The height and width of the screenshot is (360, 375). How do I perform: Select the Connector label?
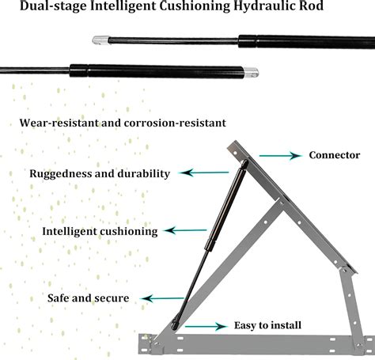(335, 155)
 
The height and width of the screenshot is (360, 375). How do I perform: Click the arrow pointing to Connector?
(280, 156)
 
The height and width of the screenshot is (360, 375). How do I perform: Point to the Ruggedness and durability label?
(100, 174)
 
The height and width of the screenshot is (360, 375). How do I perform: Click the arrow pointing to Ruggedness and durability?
(203, 172)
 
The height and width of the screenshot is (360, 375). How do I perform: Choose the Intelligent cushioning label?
(100, 232)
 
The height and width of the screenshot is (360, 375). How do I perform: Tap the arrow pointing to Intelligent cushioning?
(186, 230)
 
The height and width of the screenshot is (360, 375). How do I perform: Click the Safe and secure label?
(89, 298)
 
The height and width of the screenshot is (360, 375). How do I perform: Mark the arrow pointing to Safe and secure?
(162, 298)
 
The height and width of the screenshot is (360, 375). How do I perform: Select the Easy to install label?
(267, 325)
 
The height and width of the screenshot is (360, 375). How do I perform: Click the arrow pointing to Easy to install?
(206, 327)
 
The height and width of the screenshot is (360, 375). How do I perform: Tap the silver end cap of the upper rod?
(100, 40)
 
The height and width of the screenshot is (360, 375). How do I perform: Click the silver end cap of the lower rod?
(251, 72)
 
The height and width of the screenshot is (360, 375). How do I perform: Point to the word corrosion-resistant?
(175, 123)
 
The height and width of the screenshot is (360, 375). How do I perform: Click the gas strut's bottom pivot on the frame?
(175, 324)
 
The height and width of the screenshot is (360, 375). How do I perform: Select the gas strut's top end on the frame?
(244, 165)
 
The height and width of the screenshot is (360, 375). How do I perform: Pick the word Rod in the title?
(311, 6)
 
